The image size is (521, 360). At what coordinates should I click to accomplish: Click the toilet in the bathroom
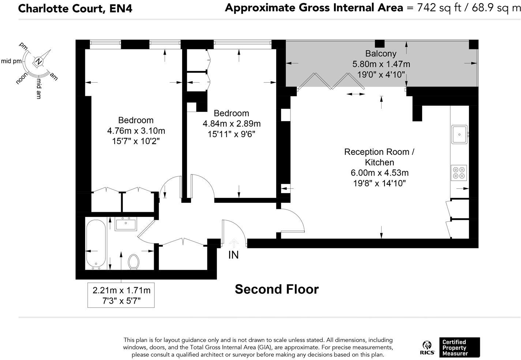click(134, 261)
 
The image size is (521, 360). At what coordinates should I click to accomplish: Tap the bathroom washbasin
click(125, 224)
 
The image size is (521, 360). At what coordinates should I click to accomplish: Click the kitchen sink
click(460, 134)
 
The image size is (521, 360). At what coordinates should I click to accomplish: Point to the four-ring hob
click(459, 173)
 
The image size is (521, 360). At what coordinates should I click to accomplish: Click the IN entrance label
click(233, 255)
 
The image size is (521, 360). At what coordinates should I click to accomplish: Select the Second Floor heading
click(277, 289)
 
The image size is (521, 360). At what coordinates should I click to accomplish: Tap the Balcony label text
click(381, 53)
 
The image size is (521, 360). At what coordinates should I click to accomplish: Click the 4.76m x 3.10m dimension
click(136, 131)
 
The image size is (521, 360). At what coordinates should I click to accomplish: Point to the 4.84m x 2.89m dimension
click(232, 124)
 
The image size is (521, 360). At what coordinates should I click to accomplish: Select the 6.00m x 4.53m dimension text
click(379, 173)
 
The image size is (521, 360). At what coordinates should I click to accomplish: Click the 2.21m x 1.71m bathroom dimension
click(121, 290)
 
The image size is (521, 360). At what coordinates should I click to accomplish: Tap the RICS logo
click(427, 348)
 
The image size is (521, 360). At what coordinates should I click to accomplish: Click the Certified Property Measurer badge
click(460, 348)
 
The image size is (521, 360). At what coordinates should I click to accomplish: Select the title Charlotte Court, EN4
click(75, 9)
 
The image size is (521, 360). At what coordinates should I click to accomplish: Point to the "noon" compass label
click(22, 78)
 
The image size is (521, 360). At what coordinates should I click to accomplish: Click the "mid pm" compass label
click(11, 61)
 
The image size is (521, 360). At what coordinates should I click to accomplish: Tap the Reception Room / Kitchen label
click(379, 157)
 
